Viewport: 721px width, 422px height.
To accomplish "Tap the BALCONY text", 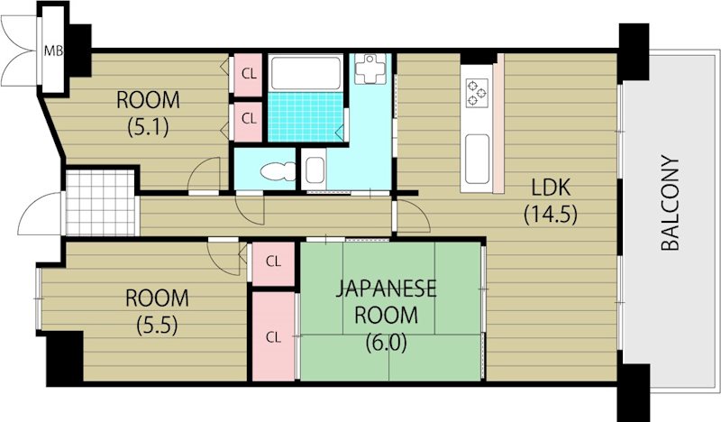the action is [670, 204].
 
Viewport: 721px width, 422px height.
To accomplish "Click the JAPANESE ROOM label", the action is [387, 302].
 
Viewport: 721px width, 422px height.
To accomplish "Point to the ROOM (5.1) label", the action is [148, 114].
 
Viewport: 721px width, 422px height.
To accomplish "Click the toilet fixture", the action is [278, 171].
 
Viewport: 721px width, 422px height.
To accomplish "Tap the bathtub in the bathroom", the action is [306, 73].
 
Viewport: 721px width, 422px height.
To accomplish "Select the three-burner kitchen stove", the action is [477, 92].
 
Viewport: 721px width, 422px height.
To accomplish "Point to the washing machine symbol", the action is [370, 69].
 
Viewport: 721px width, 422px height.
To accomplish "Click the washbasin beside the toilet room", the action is [315, 170].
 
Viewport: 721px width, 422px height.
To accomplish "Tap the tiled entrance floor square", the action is [101, 203].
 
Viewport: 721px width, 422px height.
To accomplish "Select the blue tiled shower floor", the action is [306, 117].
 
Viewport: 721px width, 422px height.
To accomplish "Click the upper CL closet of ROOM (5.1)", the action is [249, 74].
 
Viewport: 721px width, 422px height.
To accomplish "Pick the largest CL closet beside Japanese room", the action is [273, 336].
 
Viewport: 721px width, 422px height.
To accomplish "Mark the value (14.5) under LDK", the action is [551, 214].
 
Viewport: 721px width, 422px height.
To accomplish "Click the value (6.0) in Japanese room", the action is [387, 342].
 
